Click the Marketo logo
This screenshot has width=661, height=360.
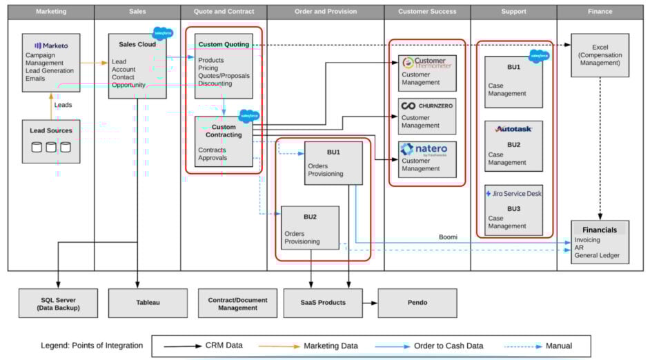(x=51, y=45)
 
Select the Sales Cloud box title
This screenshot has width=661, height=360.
(x=137, y=44)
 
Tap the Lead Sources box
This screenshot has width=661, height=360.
(x=50, y=141)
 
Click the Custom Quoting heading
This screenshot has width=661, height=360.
(x=224, y=44)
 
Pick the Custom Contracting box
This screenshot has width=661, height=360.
(x=224, y=142)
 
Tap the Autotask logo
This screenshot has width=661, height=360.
(x=513, y=129)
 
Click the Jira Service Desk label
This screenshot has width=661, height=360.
(x=513, y=194)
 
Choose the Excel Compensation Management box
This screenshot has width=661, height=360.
(x=600, y=55)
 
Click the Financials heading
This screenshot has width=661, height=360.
(x=600, y=230)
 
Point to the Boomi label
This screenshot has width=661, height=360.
(x=448, y=237)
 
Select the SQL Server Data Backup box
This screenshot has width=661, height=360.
(x=58, y=303)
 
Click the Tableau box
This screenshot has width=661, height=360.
(x=147, y=303)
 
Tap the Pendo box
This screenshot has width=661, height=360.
(x=417, y=303)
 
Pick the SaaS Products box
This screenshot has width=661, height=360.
(x=322, y=303)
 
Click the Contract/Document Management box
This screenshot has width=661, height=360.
(x=237, y=303)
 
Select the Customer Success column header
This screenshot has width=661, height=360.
(x=427, y=12)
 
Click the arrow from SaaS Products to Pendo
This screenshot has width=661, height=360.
(x=370, y=303)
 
